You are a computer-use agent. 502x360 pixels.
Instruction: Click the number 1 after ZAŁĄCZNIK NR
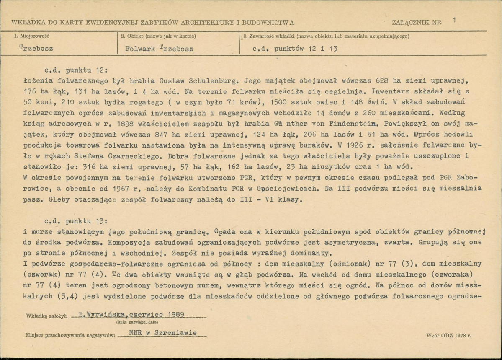pos(454,20)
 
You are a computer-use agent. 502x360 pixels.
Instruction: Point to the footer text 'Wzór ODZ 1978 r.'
pos(448,336)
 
